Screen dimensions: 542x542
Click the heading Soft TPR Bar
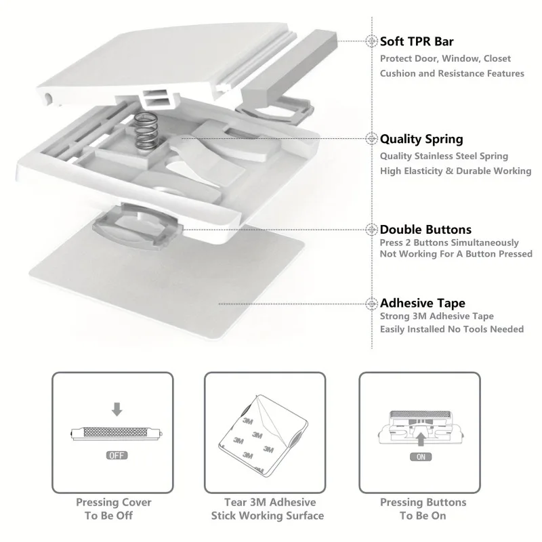point(417,41)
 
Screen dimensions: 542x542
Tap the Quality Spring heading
point(421,139)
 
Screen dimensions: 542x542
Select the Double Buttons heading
point(425,230)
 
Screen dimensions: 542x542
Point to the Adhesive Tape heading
point(422,303)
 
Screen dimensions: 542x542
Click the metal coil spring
point(146,131)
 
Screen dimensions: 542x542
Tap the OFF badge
point(117,455)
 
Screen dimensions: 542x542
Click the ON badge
point(421,457)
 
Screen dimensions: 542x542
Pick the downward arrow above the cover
point(117,409)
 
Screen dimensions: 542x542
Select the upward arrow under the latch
point(421,438)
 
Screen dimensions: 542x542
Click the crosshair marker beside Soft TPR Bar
point(371,41)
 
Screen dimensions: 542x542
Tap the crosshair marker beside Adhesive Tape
point(371,304)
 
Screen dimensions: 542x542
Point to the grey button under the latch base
point(138,227)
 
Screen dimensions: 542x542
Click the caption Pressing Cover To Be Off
point(113,509)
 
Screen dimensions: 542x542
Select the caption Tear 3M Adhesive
point(270,502)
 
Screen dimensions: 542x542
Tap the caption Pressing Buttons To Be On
point(423,509)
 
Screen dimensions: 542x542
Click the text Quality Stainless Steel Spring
point(444,157)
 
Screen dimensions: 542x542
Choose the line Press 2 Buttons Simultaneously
point(449,243)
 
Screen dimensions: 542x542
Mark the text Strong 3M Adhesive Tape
point(436,316)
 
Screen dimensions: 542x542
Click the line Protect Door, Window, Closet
point(445,59)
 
